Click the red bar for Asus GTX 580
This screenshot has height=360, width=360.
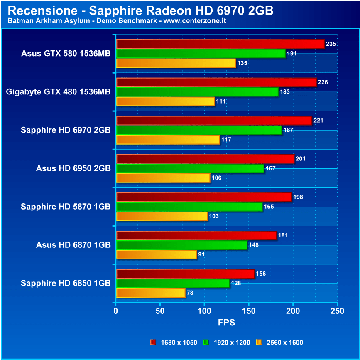(220, 44)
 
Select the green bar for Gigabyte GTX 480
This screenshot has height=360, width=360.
(197, 92)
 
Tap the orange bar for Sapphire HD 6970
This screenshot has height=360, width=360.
(168, 140)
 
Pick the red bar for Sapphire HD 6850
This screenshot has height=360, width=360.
(185, 274)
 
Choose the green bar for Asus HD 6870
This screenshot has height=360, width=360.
(182, 245)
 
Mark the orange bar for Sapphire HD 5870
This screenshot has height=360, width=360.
(162, 216)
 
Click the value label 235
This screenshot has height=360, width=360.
(331, 44)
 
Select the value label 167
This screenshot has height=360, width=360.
(271, 168)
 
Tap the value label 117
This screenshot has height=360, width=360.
(226, 140)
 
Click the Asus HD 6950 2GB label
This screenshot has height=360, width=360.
(73, 168)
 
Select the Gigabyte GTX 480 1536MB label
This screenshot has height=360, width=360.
(58, 92)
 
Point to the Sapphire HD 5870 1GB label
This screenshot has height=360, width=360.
(66, 207)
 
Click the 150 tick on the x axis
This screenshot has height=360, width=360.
(249, 311)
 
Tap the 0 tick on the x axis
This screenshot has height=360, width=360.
(116, 311)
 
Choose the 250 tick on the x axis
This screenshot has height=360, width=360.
(337, 311)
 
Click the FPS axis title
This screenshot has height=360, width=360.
(227, 322)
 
